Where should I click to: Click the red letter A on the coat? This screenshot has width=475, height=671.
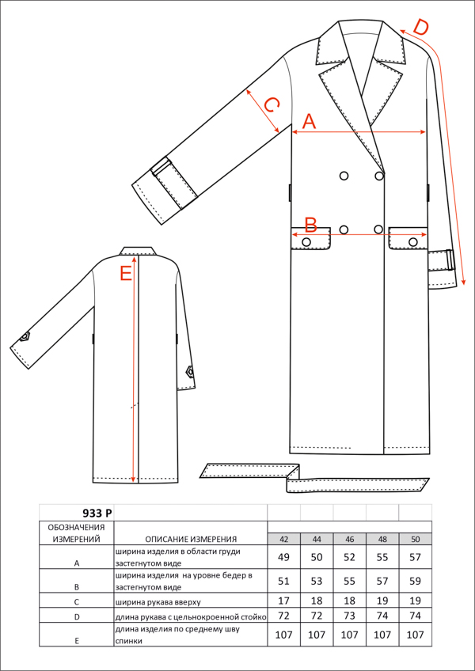[x=310, y=122]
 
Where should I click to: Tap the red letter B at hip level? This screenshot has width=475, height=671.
[x=310, y=225]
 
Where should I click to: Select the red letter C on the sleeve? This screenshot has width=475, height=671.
[x=272, y=104]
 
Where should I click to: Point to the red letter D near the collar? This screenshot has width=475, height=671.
[x=420, y=28]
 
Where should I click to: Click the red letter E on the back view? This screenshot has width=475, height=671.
[x=126, y=274]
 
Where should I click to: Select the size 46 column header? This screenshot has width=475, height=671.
[x=349, y=540]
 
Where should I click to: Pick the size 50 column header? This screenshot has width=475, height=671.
[x=415, y=540]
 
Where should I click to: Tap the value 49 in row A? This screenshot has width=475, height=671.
[x=283, y=557]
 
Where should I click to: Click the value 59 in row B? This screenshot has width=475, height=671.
[x=415, y=581]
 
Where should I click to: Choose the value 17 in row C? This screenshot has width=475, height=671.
[x=283, y=601]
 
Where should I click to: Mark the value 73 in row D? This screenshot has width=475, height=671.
[x=349, y=616]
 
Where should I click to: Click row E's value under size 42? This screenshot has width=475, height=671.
[x=283, y=634]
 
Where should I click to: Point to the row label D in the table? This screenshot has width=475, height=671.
[x=77, y=617]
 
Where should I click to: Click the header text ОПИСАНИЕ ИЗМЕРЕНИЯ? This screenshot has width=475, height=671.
[x=191, y=539]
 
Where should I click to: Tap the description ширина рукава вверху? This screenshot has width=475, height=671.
[x=158, y=601]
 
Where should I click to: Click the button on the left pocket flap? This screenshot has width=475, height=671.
[x=306, y=242]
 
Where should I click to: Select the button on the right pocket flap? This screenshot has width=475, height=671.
[x=413, y=242]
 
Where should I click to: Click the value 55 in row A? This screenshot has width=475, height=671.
[x=382, y=557]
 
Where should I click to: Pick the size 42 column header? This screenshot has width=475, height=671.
[x=283, y=540]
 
